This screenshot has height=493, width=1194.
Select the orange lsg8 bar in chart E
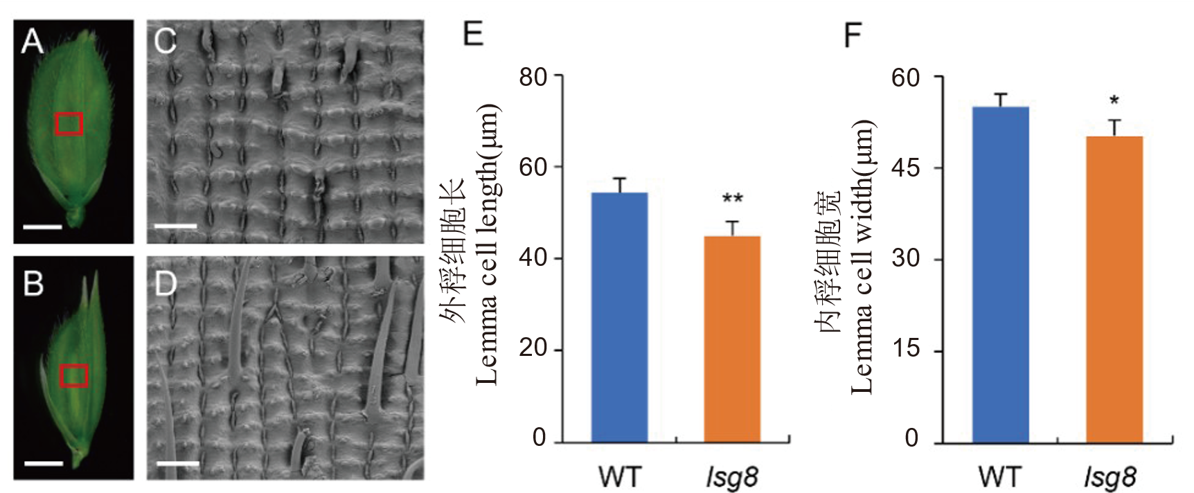(x=732, y=339)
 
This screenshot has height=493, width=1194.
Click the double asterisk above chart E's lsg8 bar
(x=733, y=199)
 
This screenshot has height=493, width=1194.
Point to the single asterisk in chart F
(x=1114, y=101)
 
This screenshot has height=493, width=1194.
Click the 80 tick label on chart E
(x=533, y=77)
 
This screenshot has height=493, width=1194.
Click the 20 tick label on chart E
(x=533, y=348)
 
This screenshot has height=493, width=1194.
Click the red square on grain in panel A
(x=69, y=124)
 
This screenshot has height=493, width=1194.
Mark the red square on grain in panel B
(x=73, y=375)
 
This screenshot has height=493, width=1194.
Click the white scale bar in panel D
(x=177, y=463)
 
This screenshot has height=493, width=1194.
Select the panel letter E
(x=473, y=33)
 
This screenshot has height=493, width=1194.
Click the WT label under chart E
(x=619, y=477)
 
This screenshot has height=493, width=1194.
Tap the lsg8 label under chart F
(x=1110, y=477)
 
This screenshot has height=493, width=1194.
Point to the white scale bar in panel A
(x=44, y=226)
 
